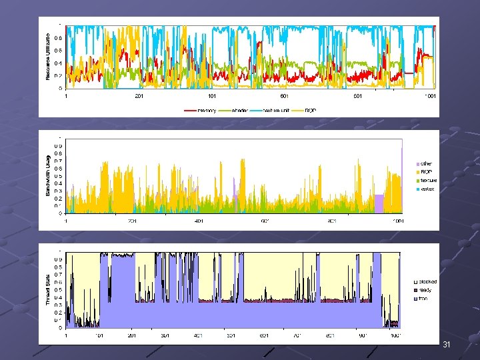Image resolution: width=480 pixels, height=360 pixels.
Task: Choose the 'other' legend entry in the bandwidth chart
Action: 426,163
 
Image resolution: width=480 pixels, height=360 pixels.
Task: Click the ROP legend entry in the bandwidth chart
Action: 426,172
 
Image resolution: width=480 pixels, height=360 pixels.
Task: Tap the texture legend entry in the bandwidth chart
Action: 427,180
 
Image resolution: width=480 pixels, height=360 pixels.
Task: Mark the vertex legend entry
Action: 427,189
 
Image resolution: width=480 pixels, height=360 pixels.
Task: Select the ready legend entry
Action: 425,290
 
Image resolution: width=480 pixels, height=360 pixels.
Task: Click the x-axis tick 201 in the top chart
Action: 139,96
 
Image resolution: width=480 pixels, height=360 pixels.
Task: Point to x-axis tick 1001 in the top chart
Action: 430,96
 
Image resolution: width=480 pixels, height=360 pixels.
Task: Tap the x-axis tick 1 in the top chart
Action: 66,96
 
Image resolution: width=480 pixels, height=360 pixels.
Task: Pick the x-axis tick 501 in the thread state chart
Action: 231,335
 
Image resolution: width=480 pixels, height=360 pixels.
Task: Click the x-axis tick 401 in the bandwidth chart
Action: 199,221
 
